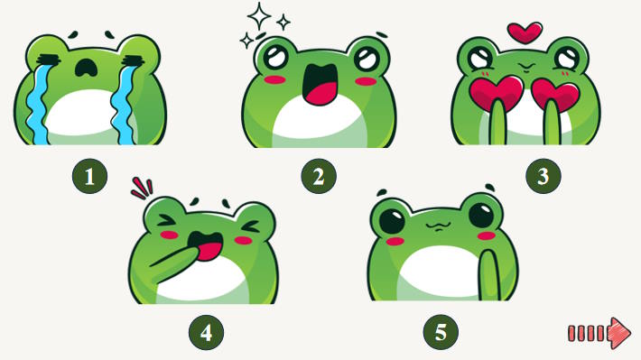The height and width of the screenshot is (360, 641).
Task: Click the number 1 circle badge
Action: [90, 176]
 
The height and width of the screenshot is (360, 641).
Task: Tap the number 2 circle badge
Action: [319, 176]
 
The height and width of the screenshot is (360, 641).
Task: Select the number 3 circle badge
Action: [543, 176]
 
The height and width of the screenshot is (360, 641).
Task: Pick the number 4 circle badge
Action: [206, 332]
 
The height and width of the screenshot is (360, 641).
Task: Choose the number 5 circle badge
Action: [441, 331]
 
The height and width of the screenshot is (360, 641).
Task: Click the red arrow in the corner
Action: [599, 333]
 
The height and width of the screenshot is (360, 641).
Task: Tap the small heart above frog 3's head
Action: [525, 32]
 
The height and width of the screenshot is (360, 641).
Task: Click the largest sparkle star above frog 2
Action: [259, 16]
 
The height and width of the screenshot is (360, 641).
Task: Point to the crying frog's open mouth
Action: [86, 68]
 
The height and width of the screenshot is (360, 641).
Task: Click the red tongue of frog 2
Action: [321, 94]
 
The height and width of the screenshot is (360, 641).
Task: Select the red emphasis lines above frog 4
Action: [143, 189]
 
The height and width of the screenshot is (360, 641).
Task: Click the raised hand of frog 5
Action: [489, 276]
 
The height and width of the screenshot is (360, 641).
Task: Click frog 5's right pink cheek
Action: [488, 235]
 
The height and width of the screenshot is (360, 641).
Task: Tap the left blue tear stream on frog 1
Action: [38, 104]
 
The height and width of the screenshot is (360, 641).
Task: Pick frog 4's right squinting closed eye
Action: [250, 226]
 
